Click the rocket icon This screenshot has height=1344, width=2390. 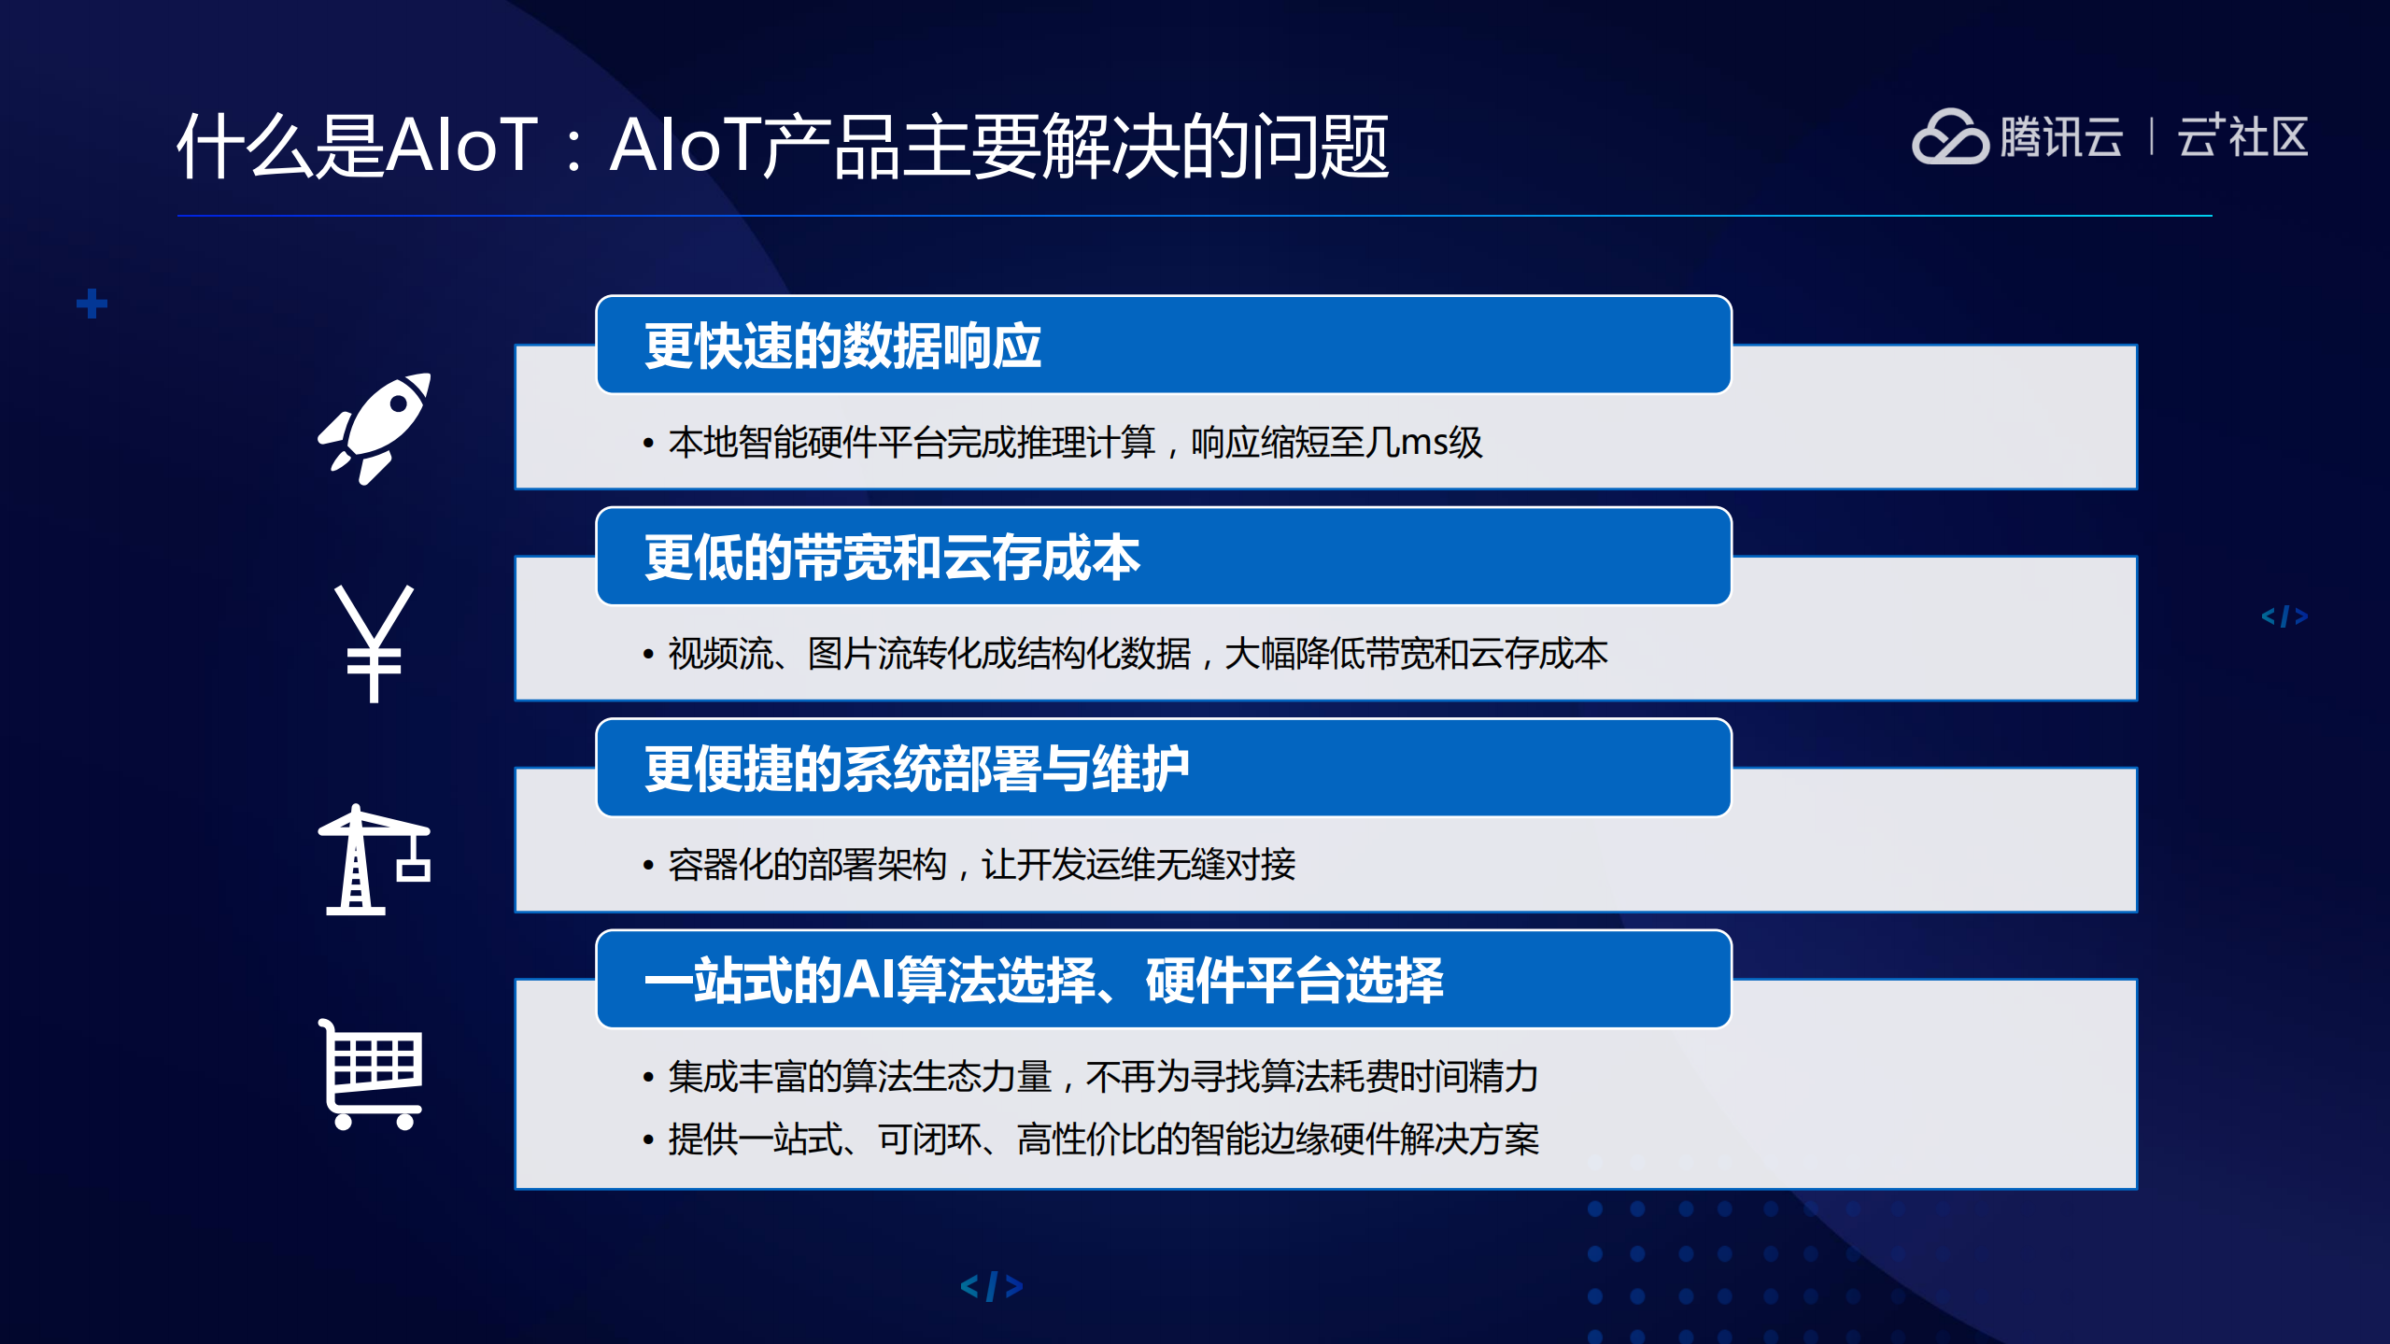point(375,428)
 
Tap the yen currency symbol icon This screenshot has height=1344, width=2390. point(374,644)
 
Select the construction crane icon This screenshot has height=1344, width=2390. point(374,860)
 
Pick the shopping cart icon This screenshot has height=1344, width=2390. point(373,1074)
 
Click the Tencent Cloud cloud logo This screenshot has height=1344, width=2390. point(1949,138)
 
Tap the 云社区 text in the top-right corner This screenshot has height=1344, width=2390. point(2242,138)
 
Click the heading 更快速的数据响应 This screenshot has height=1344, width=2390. point(842,347)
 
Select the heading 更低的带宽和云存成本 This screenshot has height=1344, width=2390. point(892,559)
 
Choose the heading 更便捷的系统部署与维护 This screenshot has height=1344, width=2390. point(916,770)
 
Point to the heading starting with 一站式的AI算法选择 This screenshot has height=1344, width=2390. point(1043,981)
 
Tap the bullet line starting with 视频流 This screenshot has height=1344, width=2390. point(1137,654)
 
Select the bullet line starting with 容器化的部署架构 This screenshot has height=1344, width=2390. point(981,865)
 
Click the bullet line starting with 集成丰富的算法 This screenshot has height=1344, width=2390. point(1102,1077)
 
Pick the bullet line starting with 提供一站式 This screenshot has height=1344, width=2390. point(1102,1139)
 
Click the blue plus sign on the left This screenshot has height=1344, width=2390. point(92,304)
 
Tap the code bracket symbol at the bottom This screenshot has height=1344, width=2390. point(992,1286)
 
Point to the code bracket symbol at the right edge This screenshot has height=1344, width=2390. point(2284,616)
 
